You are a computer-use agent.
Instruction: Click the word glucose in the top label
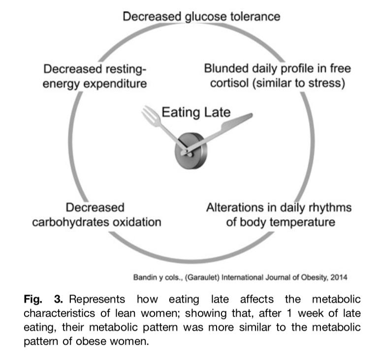205,17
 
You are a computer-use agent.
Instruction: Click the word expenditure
117,84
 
